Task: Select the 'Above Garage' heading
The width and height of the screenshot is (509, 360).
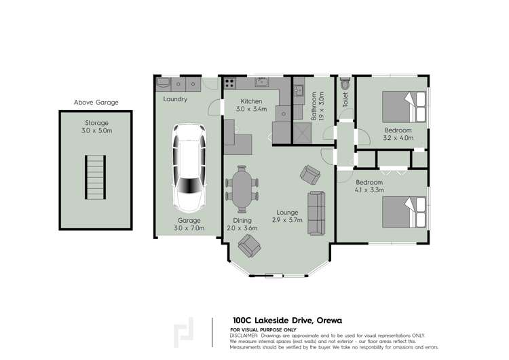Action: pyautogui.click(x=96, y=103)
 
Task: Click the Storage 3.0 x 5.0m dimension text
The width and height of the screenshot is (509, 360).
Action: pyautogui.click(x=96, y=131)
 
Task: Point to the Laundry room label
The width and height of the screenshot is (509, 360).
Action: pyautogui.click(x=175, y=99)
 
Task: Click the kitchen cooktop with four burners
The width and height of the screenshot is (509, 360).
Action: pyautogui.click(x=229, y=84)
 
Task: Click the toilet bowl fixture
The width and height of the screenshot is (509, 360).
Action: pyautogui.click(x=345, y=84)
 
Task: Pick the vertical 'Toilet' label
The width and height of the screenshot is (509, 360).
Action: pyautogui.click(x=345, y=101)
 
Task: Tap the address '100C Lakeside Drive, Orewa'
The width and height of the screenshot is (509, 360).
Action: pyautogui.click(x=287, y=320)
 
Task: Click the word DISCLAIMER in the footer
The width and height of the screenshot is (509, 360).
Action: pyautogui.click(x=248, y=336)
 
